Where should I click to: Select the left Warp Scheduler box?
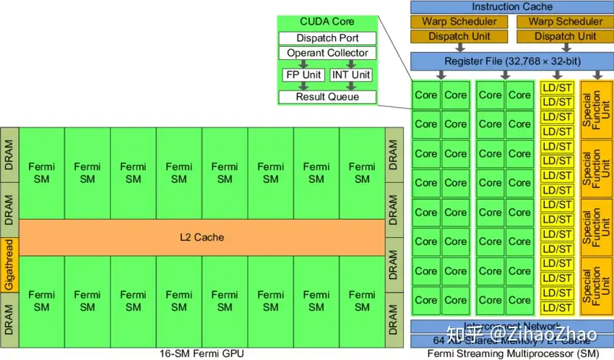tap(460, 22)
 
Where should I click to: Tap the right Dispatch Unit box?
tap(566, 36)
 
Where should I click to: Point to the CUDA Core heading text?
tap(327, 22)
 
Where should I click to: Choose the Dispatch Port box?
tap(327, 38)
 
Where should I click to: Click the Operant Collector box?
tap(327, 53)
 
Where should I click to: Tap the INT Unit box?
tap(350, 74)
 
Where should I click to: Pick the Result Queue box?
tap(327, 97)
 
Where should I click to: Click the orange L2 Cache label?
tap(202, 237)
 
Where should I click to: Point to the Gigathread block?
tap(9, 265)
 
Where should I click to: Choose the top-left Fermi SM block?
tap(42, 173)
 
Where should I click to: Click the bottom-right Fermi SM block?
tap(362, 301)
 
